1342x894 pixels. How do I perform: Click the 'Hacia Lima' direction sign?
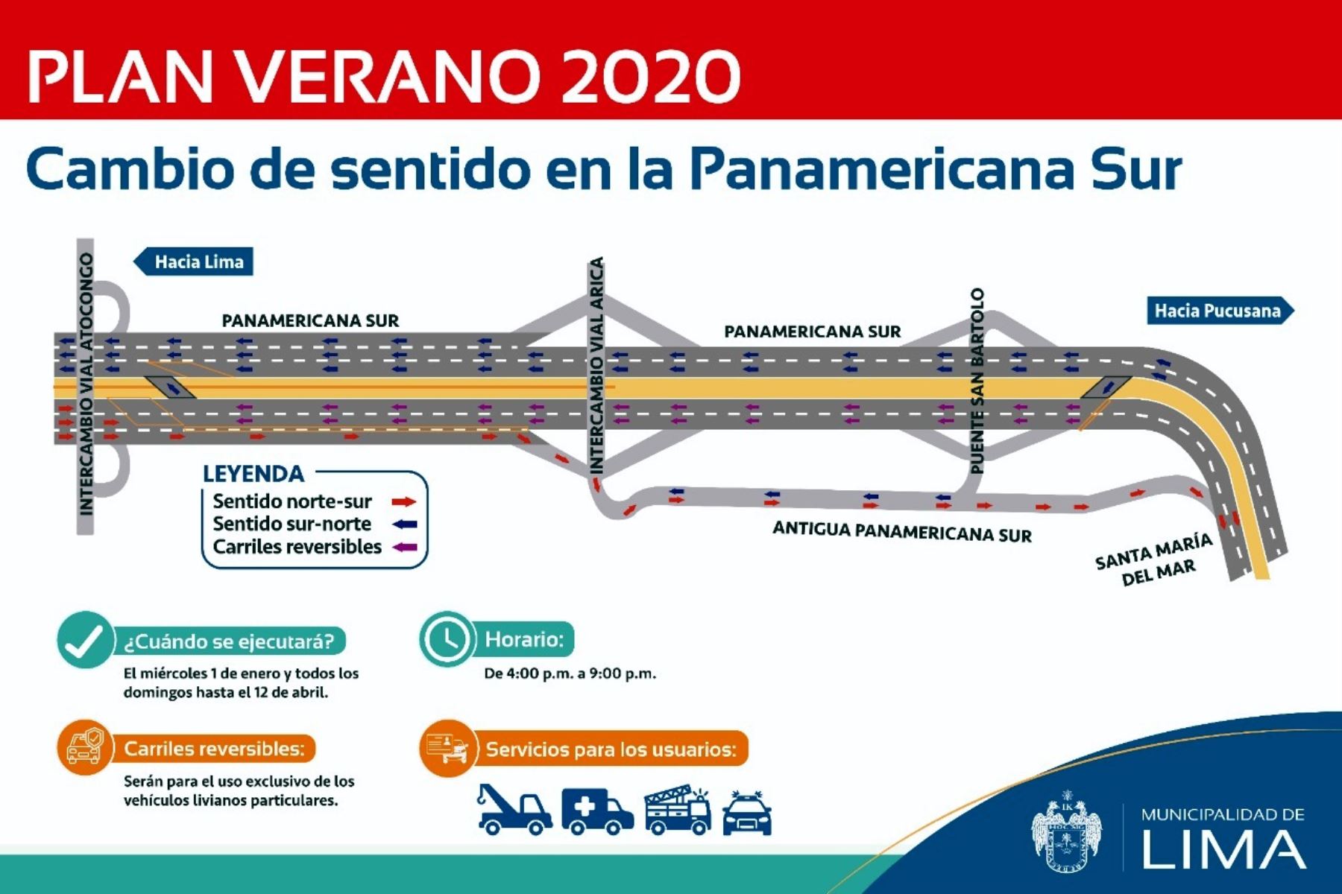coord(193,261)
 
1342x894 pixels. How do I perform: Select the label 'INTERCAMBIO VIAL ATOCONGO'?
coord(86,384)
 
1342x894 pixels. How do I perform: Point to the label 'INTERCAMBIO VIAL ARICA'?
coord(596,365)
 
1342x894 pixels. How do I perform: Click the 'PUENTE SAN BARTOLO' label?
coord(977,381)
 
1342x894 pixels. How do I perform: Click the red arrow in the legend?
coord(405,501)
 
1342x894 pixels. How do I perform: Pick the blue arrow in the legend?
coord(405,524)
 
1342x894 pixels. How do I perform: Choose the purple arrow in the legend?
coord(405,547)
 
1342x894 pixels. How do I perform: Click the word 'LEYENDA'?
coord(253,474)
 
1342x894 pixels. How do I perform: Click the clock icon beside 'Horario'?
coord(447,640)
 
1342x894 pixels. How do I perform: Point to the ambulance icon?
coord(597,811)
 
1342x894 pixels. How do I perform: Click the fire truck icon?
coord(677,809)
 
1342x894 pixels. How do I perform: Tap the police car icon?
coord(747,812)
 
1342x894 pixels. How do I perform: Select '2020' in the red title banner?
coord(651,76)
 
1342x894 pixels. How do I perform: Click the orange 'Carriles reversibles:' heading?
coord(214,749)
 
